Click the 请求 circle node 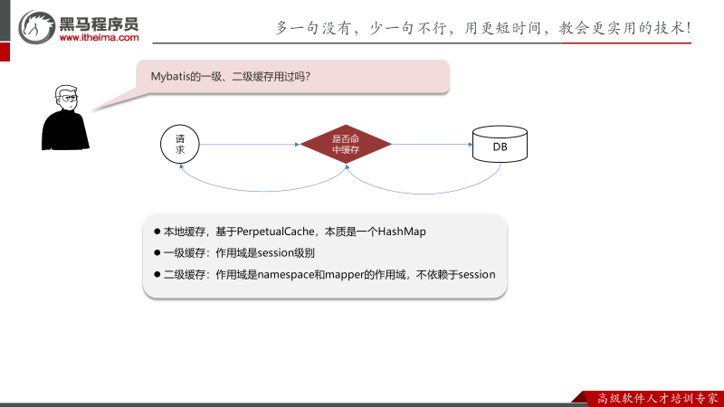[180, 144]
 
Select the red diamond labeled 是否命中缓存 [346, 144]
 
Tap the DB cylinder [500, 145]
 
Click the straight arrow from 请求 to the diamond [249, 144]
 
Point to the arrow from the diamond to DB [433, 144]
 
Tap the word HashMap [401, 232]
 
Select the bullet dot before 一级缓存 [157, 253]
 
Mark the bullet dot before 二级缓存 [157, 274]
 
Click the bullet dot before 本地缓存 [157, 232]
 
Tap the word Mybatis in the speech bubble [169, 77]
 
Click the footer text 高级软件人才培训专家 [658, 397]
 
